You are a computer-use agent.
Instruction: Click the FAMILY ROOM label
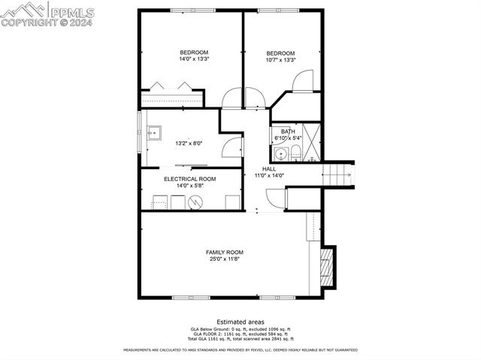click(225, 252)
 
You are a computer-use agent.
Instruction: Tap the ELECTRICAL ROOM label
click(190, 179)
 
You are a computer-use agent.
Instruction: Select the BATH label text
click(288, 132)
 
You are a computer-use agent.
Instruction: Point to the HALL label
click(268, 169)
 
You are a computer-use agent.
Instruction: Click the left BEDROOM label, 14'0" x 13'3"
click(193, 52)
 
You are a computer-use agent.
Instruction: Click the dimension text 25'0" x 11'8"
click(225, 259)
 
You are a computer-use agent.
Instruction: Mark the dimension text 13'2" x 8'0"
click(189, 143)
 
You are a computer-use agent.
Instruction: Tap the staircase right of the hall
click(337, 176)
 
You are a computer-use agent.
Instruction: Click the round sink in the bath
click(280, 155)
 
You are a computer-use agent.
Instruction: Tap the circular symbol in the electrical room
click(195, 201)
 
